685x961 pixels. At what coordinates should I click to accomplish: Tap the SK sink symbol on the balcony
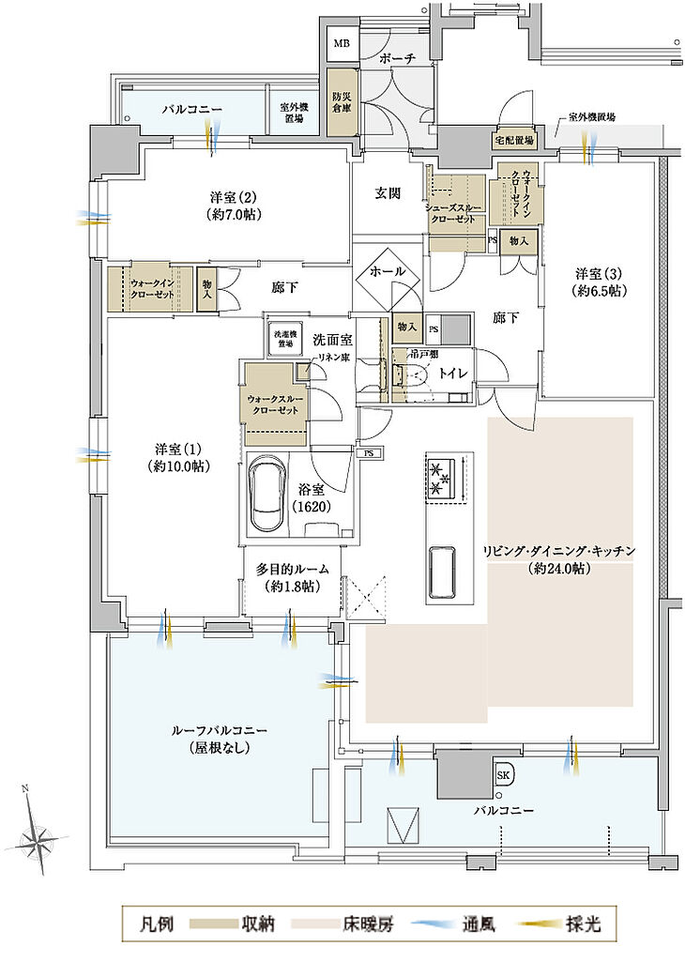coord(504,775)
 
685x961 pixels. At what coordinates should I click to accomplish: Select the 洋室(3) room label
coord(600,282)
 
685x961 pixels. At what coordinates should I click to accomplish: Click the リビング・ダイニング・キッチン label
coord(561,559)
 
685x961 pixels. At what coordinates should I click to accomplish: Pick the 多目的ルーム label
coord(290,577)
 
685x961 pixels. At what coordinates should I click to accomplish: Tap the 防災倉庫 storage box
coord(341,101)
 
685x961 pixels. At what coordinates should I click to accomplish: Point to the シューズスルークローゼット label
coord(457,211)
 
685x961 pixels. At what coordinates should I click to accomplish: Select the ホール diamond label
coord(388,270)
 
